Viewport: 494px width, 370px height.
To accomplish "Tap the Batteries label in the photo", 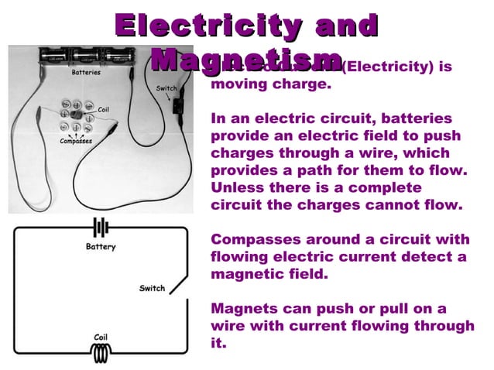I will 86,73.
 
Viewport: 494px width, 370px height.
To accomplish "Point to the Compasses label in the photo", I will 76,142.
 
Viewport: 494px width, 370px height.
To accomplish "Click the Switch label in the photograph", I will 166,88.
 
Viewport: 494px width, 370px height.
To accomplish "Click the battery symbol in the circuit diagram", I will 101,228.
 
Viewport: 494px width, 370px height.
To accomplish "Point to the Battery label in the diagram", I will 101,247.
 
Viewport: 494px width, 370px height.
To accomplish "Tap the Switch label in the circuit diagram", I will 152,289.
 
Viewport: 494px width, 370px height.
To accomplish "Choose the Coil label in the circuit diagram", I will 101,337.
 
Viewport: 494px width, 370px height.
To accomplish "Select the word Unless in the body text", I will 235,188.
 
